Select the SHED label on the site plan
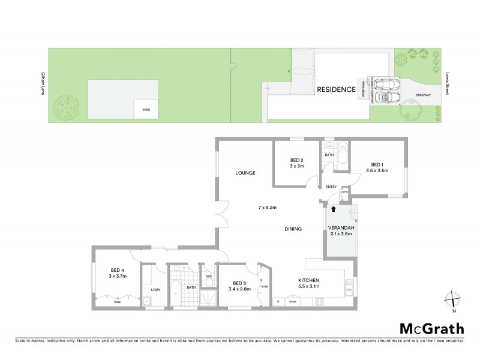[146, 110]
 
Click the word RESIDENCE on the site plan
[337, 89]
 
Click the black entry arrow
[334, 208]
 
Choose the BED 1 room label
[377, 164]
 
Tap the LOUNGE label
[245, 173]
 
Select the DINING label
[293, 229]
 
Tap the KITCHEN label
[309, 280]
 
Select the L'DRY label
[147, 292]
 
